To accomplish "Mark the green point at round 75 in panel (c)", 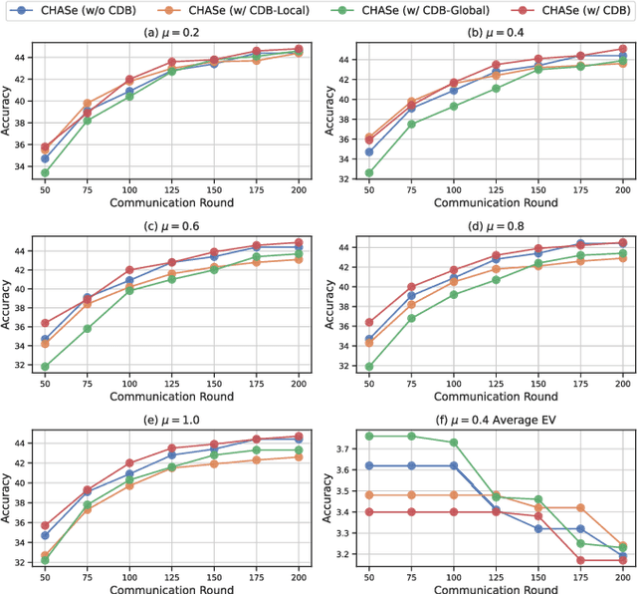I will click(87, 328).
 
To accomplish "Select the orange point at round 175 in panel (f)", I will click(581, 507).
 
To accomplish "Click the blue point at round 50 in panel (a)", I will click(45, 158).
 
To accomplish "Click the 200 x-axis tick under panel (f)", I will click(623, 578).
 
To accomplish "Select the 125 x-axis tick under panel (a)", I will click(172, 188).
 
